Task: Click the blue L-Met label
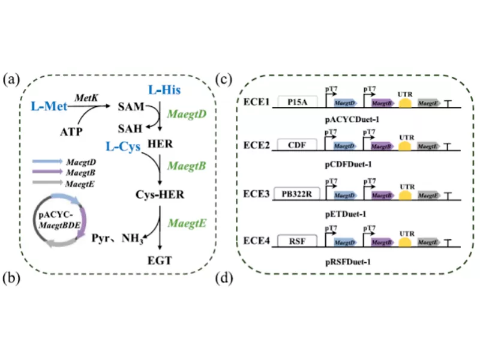coord(49,106)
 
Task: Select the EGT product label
coord(160,260)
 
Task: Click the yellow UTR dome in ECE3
coord(406,195)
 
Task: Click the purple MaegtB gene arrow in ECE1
coord(382,103)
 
